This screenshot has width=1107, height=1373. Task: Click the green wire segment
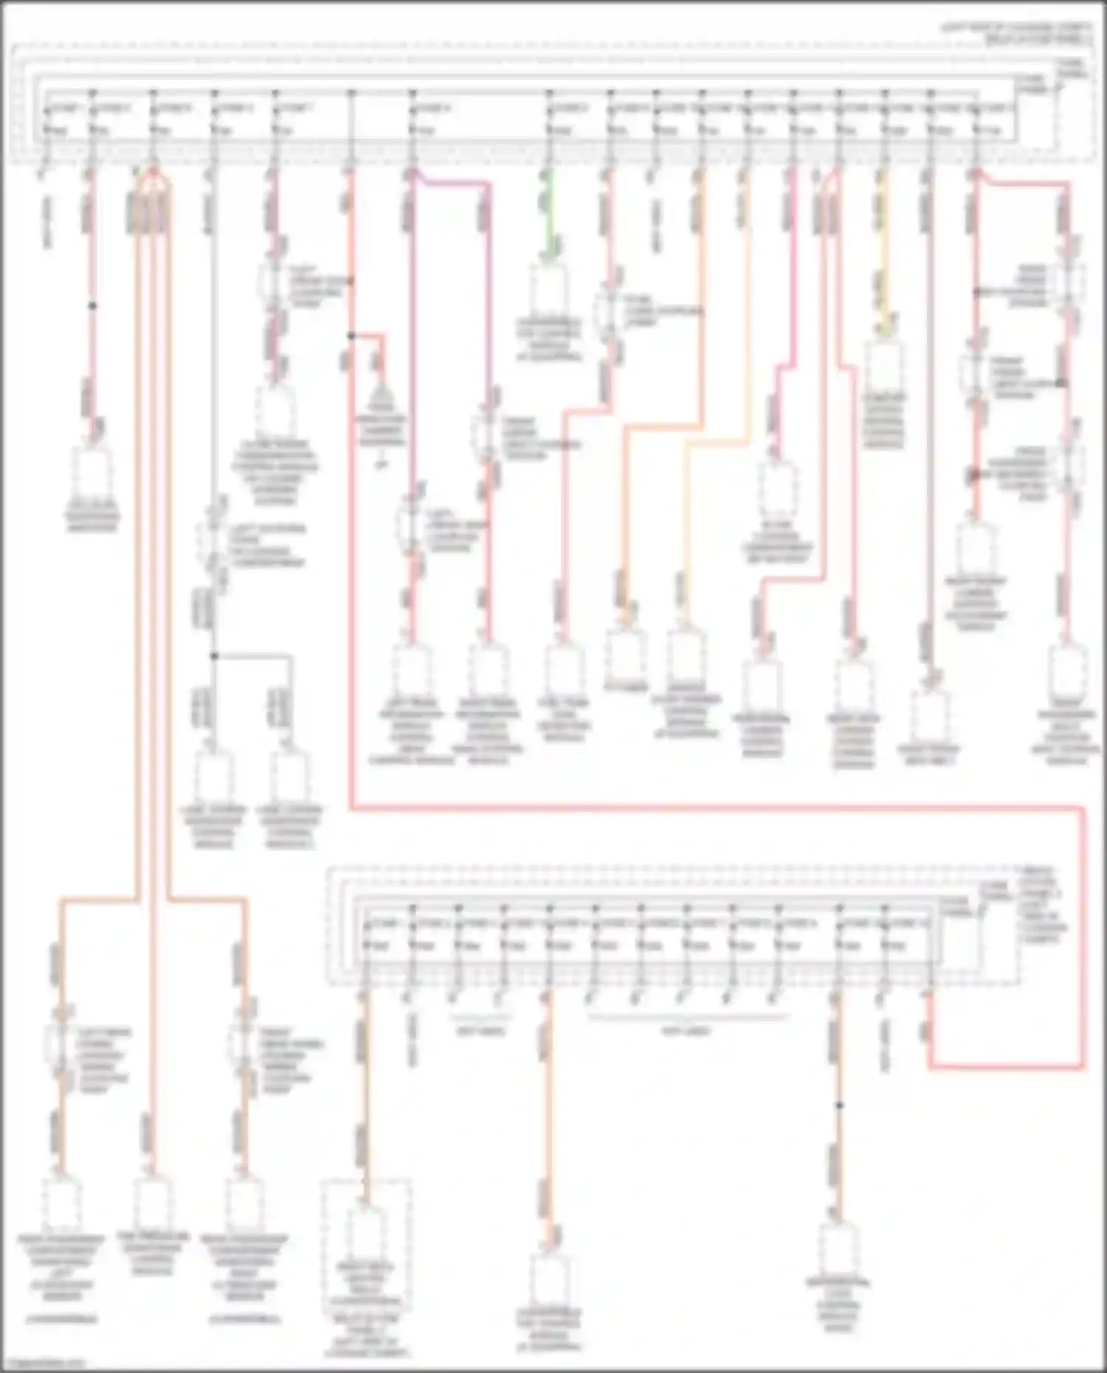click(x=546, y=214)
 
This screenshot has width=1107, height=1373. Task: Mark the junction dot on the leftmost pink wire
click(x=92, y=305)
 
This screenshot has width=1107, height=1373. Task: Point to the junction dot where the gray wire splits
click(x=214, y=655)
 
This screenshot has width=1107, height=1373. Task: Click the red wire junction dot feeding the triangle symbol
click(x=351, y=336)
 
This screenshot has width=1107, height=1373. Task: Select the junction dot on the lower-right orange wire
click(x=839, y=1105)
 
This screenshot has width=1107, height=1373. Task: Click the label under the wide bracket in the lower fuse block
click(x=686, y=1031)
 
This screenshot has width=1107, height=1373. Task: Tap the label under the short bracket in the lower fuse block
click(x=480, y=1031)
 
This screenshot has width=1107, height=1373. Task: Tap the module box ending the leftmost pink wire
click(x=92, y=472)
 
